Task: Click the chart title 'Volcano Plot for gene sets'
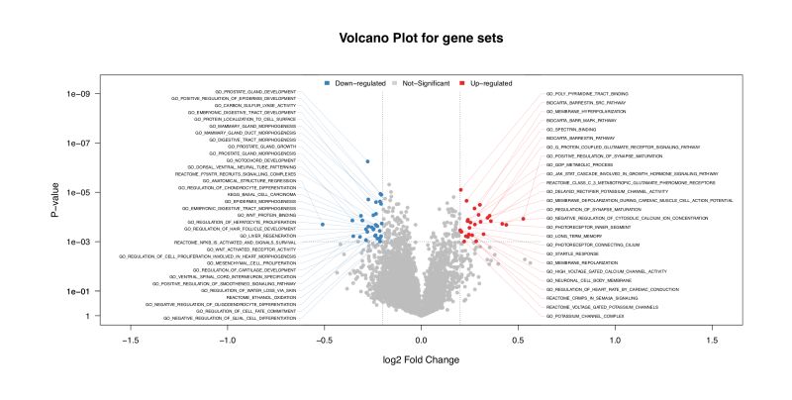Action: [396, 38]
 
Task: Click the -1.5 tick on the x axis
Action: [129, 340]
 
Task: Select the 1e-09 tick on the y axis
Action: [78, 94]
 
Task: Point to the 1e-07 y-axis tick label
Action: [78, 144]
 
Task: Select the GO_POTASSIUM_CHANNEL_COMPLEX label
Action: [584, 316]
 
